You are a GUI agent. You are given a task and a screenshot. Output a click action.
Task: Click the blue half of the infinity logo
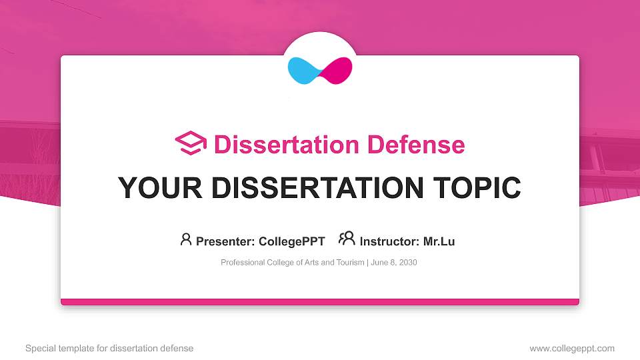[303, 70]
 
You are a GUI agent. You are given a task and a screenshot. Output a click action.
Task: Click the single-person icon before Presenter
[186, 239]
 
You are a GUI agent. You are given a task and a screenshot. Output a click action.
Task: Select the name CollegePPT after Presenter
[292, 241]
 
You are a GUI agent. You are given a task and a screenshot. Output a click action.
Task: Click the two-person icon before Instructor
[347, 239]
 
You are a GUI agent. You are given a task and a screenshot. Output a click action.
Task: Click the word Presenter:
[226, 241]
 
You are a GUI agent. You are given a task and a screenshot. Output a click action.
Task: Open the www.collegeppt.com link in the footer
[571, 348]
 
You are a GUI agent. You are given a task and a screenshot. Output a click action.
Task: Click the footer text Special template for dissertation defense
[109, 348]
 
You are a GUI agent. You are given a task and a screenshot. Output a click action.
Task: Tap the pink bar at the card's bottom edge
[320, 302]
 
